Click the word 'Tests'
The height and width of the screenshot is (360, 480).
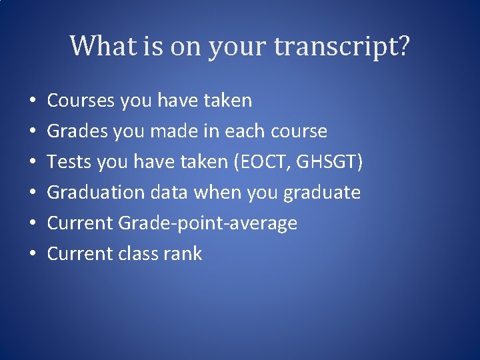(67, 162)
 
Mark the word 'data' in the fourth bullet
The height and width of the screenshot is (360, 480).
(169, 193)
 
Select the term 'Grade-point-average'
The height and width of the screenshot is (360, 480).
(208, 223)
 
